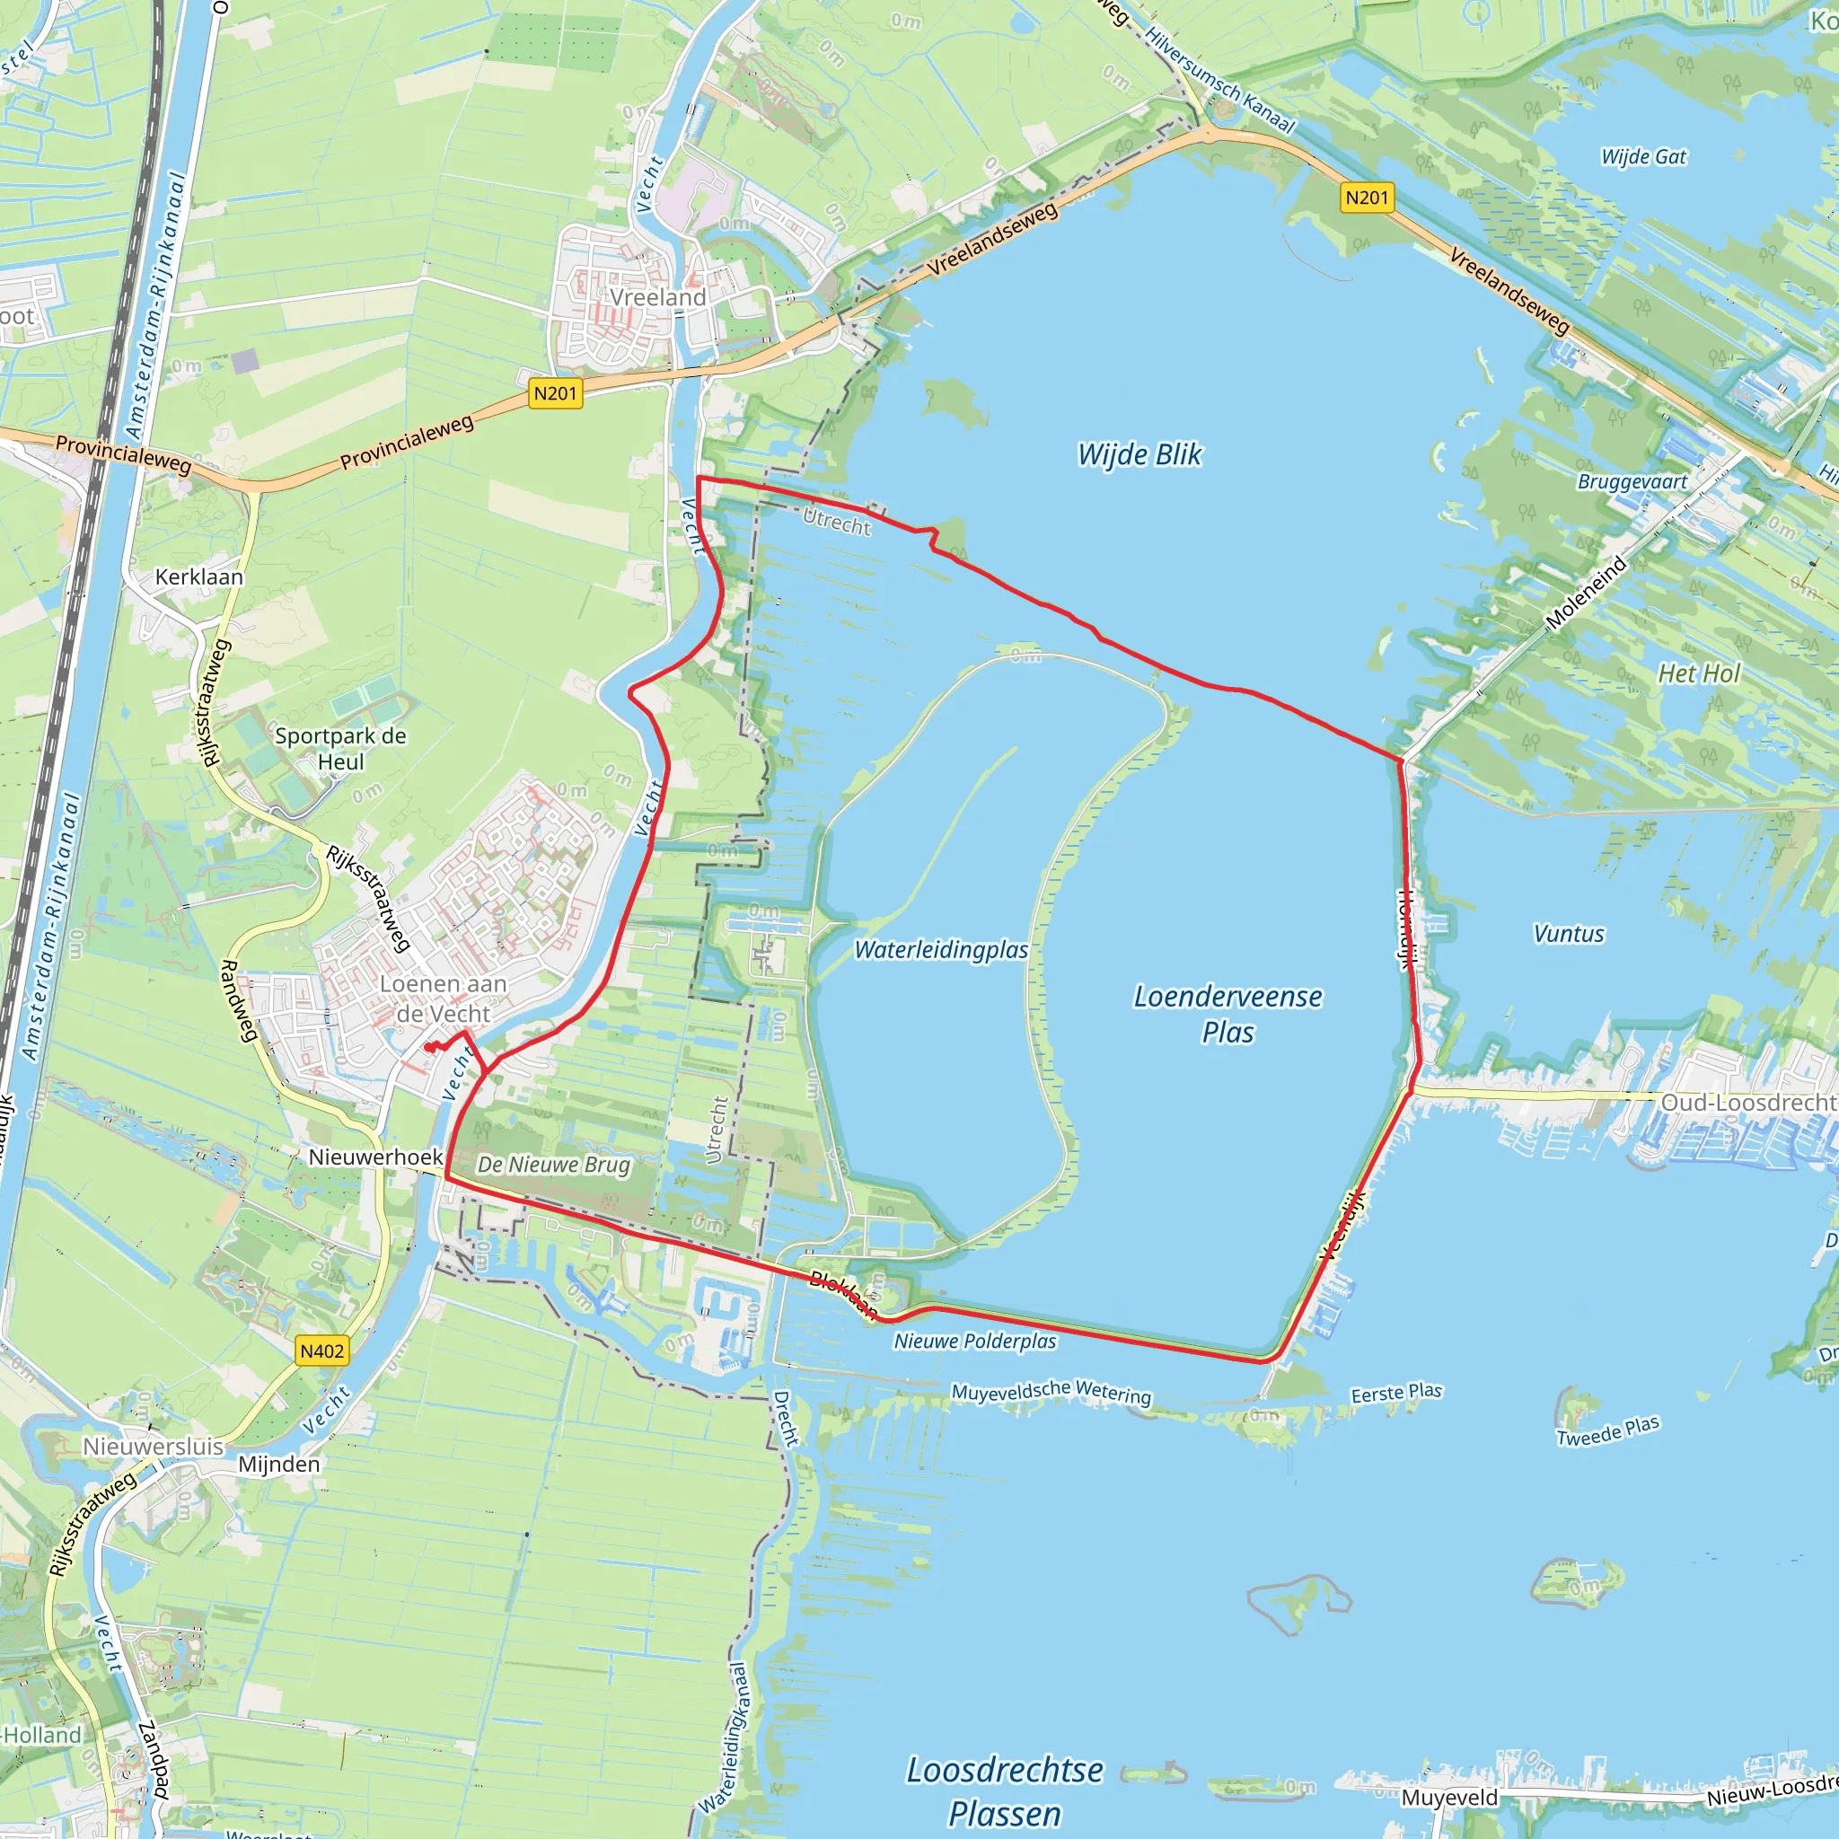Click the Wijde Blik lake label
point(1139,455)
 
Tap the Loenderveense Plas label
point(1227,1014)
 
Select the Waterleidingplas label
point(940,950)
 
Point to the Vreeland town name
point(657,298)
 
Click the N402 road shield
point(321,1351)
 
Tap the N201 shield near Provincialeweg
point(555,393)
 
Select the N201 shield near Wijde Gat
point(1366,198)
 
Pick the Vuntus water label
point(1569,935)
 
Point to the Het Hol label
point(1698,674)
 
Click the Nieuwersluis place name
point(154,1447)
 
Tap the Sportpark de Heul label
point(339,748)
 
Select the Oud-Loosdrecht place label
point(1748,1103)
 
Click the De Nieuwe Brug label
point(553,1164)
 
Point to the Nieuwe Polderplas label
point(974,1342)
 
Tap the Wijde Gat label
point(1643,157)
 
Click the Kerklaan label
point(199,576)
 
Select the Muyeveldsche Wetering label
point(1051,1393)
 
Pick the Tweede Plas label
point(1607,1430)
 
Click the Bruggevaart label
point(1632,481)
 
